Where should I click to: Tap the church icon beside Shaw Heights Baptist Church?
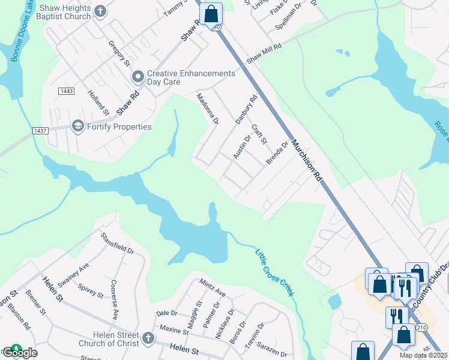click(100, 11)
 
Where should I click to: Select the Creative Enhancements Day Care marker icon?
click(137, 76)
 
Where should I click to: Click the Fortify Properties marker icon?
click(77, 126)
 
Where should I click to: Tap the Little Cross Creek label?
click(273, 272)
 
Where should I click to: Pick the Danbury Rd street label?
click(246, 109)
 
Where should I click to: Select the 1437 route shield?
click(40, 130)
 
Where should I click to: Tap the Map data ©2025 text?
click(423, 355)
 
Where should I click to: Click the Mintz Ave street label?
click(212, 288)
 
